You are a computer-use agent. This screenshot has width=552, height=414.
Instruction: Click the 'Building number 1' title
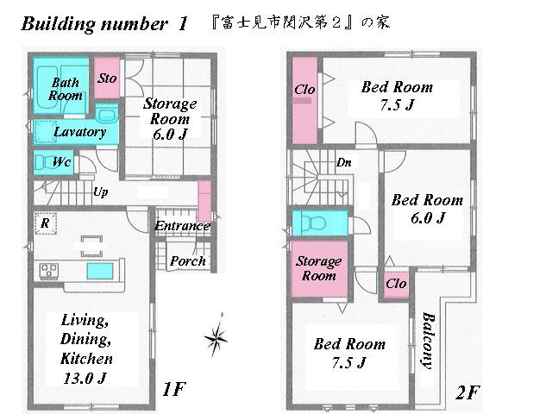pyautogui.click(x=104, y=23)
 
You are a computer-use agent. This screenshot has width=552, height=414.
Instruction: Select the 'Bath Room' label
pyautogui.click(x=66, y=89)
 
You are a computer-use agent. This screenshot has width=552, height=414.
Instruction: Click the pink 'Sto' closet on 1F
pyautogui.click(x=107, y=78)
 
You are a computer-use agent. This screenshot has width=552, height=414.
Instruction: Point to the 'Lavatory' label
pyautogui.click(x=79, y=132)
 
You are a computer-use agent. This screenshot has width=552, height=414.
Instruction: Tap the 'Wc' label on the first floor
pyautogui.click(x=60, y=162)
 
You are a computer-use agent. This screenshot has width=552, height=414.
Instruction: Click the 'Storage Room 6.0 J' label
pyautogui.click(x=170, y=118)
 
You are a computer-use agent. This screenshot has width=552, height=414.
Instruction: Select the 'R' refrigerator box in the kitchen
pyautogui.click(x=44, y=223)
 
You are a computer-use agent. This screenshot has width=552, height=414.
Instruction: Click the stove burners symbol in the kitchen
pyautogui.click(x=47, y=272)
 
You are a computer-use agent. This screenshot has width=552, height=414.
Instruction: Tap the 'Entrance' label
pyautogui.click(x=183, y=227)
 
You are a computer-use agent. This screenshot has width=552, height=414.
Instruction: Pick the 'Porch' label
pyautogui.click(x=187, y=260)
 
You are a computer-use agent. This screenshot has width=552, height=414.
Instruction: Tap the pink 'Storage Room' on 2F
pyautogui.click(x=317, y=268)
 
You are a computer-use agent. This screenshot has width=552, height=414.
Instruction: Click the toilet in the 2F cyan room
pyautogui.click(x=314, y=223)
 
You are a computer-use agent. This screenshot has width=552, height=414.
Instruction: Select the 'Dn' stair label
pyautogui.click(x=343, y=162)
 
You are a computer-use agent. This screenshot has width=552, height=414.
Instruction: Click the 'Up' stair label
pyautogui.click(x=100, y=191)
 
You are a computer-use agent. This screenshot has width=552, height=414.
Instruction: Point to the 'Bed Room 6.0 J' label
pyautogui.click(x=427, y=209)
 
